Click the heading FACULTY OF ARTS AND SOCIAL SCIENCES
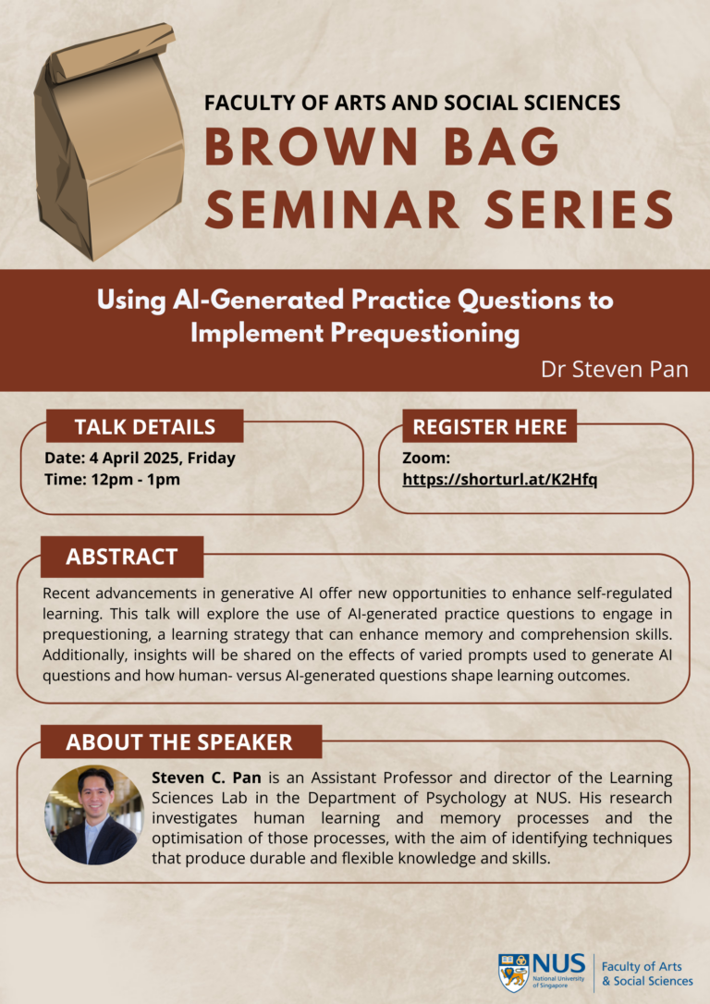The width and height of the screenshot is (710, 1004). pyautogui.click(x=412, y=103)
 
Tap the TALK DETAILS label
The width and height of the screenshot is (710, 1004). pyautogui.click(x=144, y=426)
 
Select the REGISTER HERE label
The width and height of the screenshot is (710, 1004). pyautogui.click(x=490, y=426)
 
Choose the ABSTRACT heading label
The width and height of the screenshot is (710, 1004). pyautogui.click(x=121, y=557)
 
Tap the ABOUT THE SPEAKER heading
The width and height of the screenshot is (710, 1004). pyautogui.click(x=179, y=741)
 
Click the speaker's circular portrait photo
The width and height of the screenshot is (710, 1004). pyautogui.click(x=94, y=814)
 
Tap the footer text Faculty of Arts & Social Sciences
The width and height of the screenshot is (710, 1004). pyautogui.click(x=647, y=973)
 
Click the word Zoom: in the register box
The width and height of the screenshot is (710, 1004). pyautogui.click(x=426, y=458)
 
